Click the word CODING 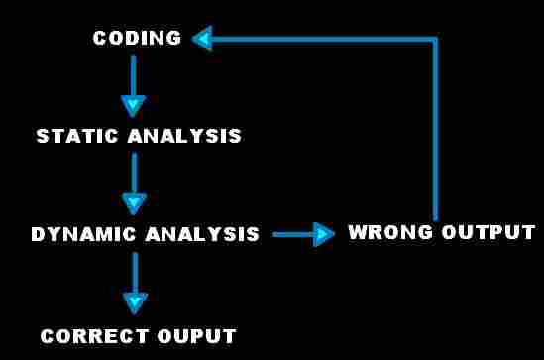(x=137, y=39)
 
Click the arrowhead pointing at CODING (x=202, y=39)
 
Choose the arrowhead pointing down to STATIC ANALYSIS (x=133, y=106)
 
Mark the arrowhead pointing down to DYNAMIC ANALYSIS (x=134, y=203)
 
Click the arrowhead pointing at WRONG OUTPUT (x=324, y=234)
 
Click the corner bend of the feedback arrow (x=434, y=40)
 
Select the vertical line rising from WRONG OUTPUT (x=434, y=129)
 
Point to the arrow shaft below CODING (x=133, y=74)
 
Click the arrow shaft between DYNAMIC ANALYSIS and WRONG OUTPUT (x=292, y=234)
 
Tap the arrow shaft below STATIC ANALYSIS (x=134, y=172)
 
